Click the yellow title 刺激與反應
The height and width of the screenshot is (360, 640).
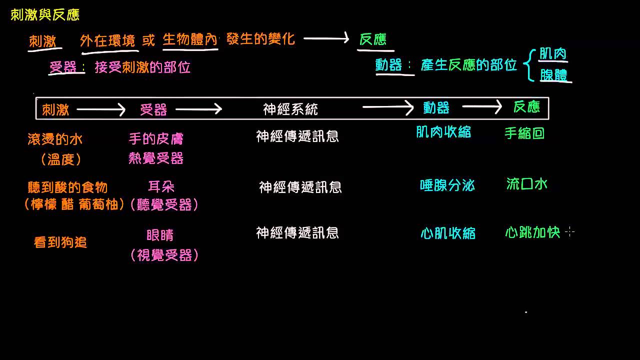coord(45,15)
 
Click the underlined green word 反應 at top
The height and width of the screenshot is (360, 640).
coord(373,39)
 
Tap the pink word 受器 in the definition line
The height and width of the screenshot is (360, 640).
coord(63,67)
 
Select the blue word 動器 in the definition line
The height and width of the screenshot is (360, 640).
coord(389,65)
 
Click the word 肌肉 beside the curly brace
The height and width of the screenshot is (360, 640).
coord(553,54)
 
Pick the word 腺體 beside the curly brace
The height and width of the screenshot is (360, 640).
coord(554,75)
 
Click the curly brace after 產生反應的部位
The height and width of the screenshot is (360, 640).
coord(529,64)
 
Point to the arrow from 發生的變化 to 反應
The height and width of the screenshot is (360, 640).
coord(326,39)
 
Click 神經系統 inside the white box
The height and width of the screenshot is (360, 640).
coord(290,109)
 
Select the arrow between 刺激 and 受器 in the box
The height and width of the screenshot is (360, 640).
coord(100,109)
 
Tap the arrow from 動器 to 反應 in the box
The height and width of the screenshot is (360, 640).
coord(481,106)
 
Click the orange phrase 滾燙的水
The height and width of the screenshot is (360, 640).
coord(55,139)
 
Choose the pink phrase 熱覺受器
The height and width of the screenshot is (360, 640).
coord(156,159)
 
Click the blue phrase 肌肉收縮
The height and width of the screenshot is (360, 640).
coord(443,132)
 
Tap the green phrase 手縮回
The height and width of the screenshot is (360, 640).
coord(524,133)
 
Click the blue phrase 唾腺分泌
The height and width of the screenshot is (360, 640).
coord(447,185)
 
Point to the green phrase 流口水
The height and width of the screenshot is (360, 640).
coord(527,184)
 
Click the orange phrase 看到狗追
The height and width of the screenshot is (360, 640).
coord(60,242)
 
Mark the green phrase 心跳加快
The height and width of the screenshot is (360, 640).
coord(532,232)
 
